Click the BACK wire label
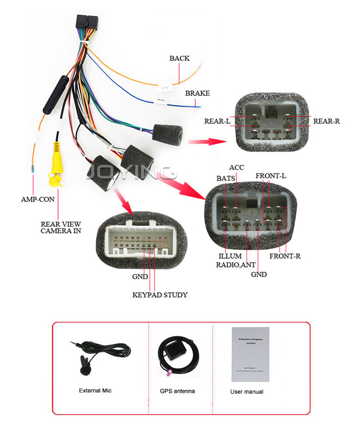[x=179, y=58]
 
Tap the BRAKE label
[x=198, y=93]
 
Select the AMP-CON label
[x=38, y=199]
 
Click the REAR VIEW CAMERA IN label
[x=61, y=227]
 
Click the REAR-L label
[x=217, y=121]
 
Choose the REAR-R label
[x=326, y=121]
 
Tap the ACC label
[x=236, y=168]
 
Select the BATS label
[x=225, y=178]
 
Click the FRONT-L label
[x=271, y=175]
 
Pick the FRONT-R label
[x=285, y=256]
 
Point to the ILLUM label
[x=230, y=256]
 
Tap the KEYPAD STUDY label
[x=160, y=295]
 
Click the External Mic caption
[x=95, y=391]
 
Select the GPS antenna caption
[x=177, y=391]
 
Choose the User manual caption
[x=247, y=391]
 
